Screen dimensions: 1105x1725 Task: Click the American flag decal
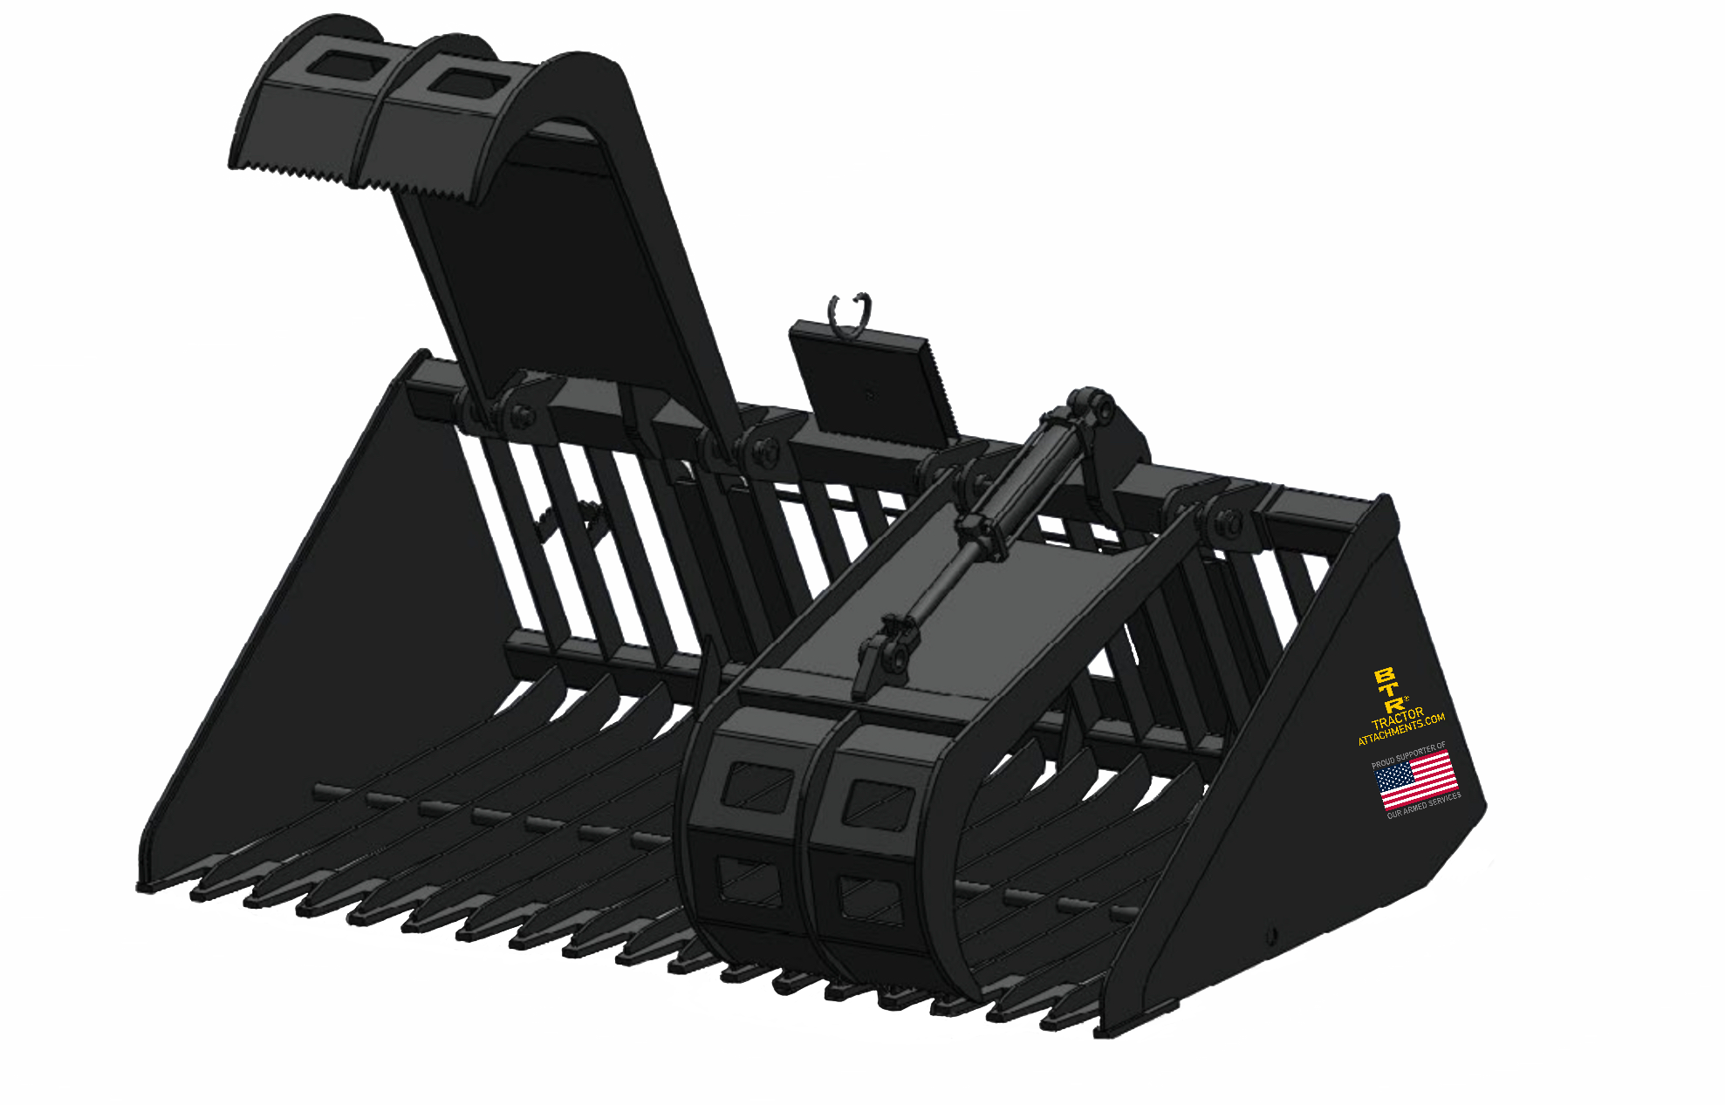pos(1415,780)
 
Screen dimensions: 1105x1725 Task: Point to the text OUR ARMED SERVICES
pos(1424,805)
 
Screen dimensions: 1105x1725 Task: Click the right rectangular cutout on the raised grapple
pos(467,83)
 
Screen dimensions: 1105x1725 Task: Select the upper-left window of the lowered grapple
pos(757,784)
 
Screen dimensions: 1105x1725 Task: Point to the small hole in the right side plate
pos(1271,936)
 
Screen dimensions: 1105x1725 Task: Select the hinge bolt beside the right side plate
pos(1231,524)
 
